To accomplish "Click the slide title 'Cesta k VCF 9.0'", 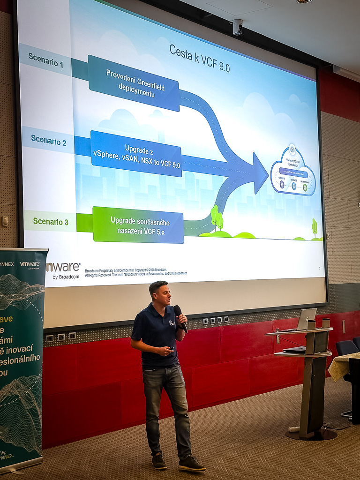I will pyautogui.click(x=199, y=59).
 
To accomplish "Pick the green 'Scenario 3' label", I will pyautogui.click(x=51, y=221).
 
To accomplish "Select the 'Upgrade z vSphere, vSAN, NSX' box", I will pyautogui.click(x=136, y=154).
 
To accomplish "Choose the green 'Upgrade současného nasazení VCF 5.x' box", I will pyautogui.click(x=139, y=225).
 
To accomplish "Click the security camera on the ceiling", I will pyautogui.click(x=238, y=27).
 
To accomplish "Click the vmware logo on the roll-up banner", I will pyautogui.click(x=30, y=265).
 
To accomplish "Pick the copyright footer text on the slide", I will pyautogui.click(x=136, y=272).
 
